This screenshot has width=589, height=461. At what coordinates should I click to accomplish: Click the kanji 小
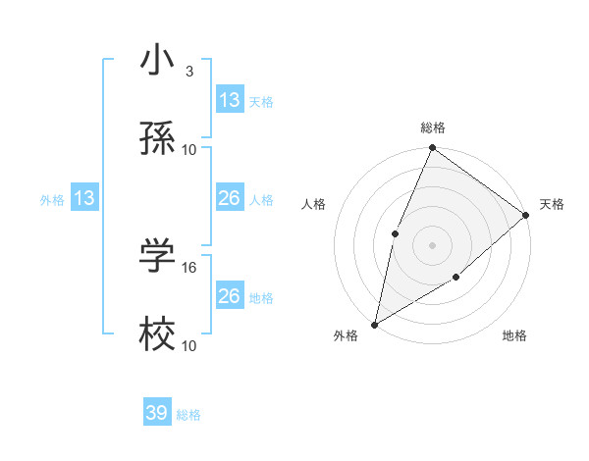(158, 62)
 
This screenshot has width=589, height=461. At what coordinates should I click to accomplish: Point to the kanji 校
(158, 334)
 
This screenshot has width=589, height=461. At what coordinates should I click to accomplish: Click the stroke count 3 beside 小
(188, 72)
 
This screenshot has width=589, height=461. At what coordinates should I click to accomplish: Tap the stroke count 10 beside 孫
(189, 149)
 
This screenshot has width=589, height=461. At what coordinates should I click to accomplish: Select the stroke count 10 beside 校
(189, 345)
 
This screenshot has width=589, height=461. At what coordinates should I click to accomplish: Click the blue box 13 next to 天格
(230, 100)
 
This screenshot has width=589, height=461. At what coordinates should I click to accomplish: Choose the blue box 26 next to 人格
(230, 199)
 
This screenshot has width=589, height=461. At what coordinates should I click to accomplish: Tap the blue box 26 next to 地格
(230, 296)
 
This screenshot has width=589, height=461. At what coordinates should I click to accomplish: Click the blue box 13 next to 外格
(84, 199)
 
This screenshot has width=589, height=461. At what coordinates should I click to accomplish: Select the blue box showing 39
(157, 413)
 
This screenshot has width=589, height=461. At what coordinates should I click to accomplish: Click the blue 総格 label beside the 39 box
(188, 415)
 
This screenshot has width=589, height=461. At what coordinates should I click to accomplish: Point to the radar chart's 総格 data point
(432, 149)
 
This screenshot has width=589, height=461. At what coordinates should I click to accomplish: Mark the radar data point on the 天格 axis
(525, 215)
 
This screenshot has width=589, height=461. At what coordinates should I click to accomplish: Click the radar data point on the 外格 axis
(375, 324)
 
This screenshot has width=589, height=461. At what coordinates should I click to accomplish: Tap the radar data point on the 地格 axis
(456, 278)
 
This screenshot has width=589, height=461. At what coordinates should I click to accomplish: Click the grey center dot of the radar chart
(432, 244)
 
